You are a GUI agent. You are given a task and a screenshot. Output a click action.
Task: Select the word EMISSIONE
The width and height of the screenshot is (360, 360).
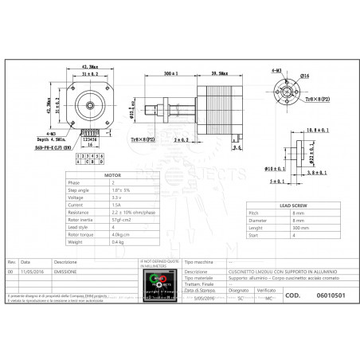click(x=65, y=271)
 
